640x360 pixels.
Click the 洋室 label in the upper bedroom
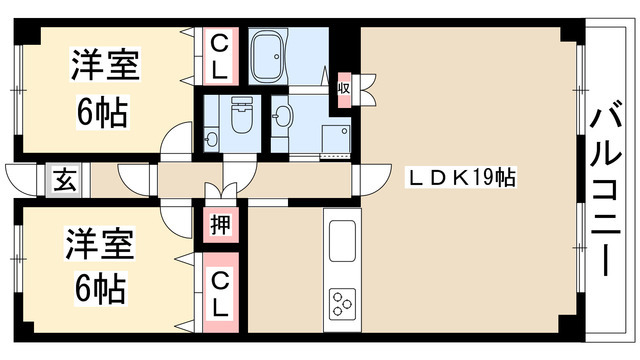pyautogui.click(x=103, y=69)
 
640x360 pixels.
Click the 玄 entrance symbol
pyautogui.click(x=63, y=181)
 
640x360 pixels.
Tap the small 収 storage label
pyautogui.click(x=343, y=88)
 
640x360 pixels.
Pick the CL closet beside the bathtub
pyautogui.click(x=219, y=57)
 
